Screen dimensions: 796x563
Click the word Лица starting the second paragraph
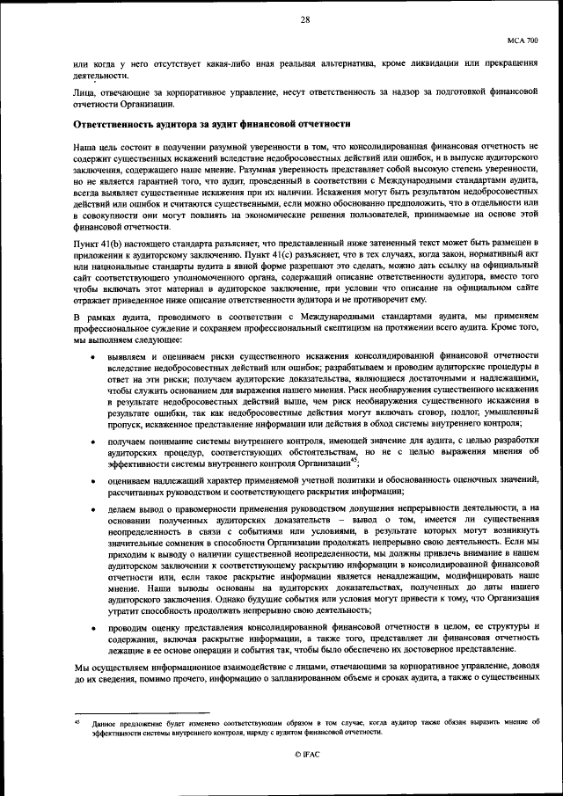(x=85, y=90)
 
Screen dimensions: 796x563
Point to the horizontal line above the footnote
(x=142, y=713)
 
